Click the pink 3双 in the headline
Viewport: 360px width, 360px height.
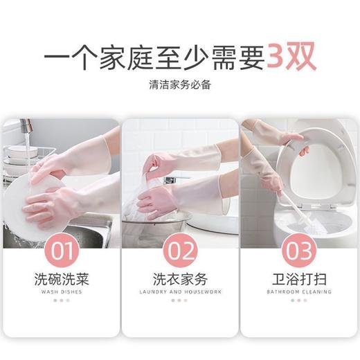click(291, 57)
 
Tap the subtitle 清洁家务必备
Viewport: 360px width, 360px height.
click(180, 84)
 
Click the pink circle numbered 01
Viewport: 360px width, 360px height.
click(62, 250)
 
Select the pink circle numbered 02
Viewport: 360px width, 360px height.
click(180, 250)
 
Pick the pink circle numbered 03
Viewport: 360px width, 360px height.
click(299, 250)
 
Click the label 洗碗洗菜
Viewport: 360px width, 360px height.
click(62, 279)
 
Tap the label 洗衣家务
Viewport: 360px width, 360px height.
click(180, 279)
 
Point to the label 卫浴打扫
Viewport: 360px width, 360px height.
click(299, 279)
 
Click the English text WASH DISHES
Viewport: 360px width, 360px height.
click(62, 292)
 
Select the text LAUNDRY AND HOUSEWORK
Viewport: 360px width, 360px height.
click(180, 292)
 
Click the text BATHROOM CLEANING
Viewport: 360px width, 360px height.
click(299, 292)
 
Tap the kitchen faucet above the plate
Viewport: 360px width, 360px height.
click(26, 126)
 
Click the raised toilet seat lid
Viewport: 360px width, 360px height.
click(316, 166)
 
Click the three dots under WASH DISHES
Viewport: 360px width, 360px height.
click(62, 300)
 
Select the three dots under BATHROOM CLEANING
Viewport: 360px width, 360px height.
click(299, 300)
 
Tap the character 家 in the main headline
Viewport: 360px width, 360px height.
click(112, 57)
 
